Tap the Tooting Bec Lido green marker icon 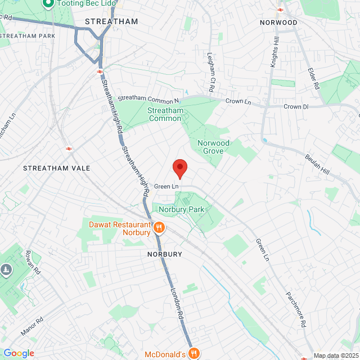[48, 4]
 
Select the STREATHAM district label [111, 22]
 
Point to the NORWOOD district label [278, 22]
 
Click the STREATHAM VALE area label [49, 168]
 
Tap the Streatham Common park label [165, 115]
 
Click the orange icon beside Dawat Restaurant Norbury [159, 228]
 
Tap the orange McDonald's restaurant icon [194, 353]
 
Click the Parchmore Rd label [295, 309]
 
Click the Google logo [19, 353]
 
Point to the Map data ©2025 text [336, 355]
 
